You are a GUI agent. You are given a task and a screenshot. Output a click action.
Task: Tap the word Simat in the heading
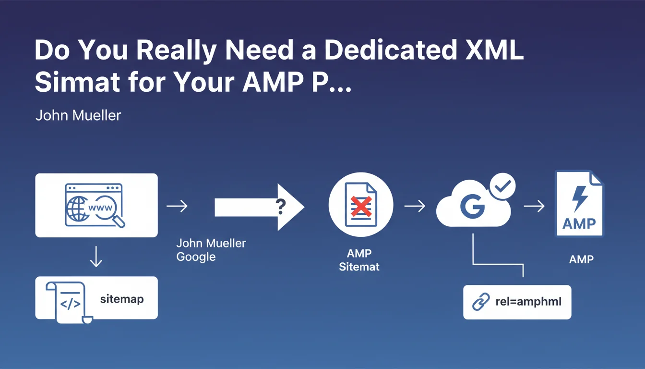(77, 82)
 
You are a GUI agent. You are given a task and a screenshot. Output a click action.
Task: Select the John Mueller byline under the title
(78, 115)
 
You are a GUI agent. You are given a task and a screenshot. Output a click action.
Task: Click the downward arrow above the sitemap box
(96, 256)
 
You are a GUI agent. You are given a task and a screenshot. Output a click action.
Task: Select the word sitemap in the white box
(122, 299)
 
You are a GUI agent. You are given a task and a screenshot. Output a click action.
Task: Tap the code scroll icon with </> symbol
(69, 302)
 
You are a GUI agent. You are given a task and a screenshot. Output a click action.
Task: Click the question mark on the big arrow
(280, 207)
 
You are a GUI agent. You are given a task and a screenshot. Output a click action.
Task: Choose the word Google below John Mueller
(196, 257)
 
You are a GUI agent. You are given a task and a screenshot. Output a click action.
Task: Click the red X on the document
(361, 206)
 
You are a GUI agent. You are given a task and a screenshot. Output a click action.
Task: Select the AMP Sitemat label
(359, 260)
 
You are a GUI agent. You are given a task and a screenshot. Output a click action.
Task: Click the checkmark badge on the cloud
(502, 186)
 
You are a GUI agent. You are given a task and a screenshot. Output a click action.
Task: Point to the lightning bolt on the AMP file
(580, 198)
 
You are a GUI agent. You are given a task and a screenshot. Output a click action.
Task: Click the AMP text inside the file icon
(579, 224)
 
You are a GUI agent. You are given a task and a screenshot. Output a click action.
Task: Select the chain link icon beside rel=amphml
(481, 302)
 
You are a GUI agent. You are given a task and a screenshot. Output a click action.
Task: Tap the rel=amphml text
(528, 302)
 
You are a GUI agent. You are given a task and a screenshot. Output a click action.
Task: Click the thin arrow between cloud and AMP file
(534, 206)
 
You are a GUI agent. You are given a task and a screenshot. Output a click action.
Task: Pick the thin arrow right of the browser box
(177, 206)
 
